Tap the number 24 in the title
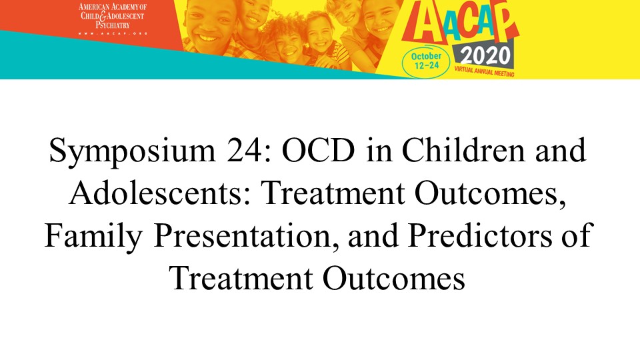249,150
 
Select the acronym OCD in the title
319,150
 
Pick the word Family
93,236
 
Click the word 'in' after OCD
379,150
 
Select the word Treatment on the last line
241,279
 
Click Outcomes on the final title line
394,279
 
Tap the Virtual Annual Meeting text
485,71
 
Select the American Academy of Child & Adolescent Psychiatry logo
112,19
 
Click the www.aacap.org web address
112,33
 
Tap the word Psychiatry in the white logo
113,25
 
